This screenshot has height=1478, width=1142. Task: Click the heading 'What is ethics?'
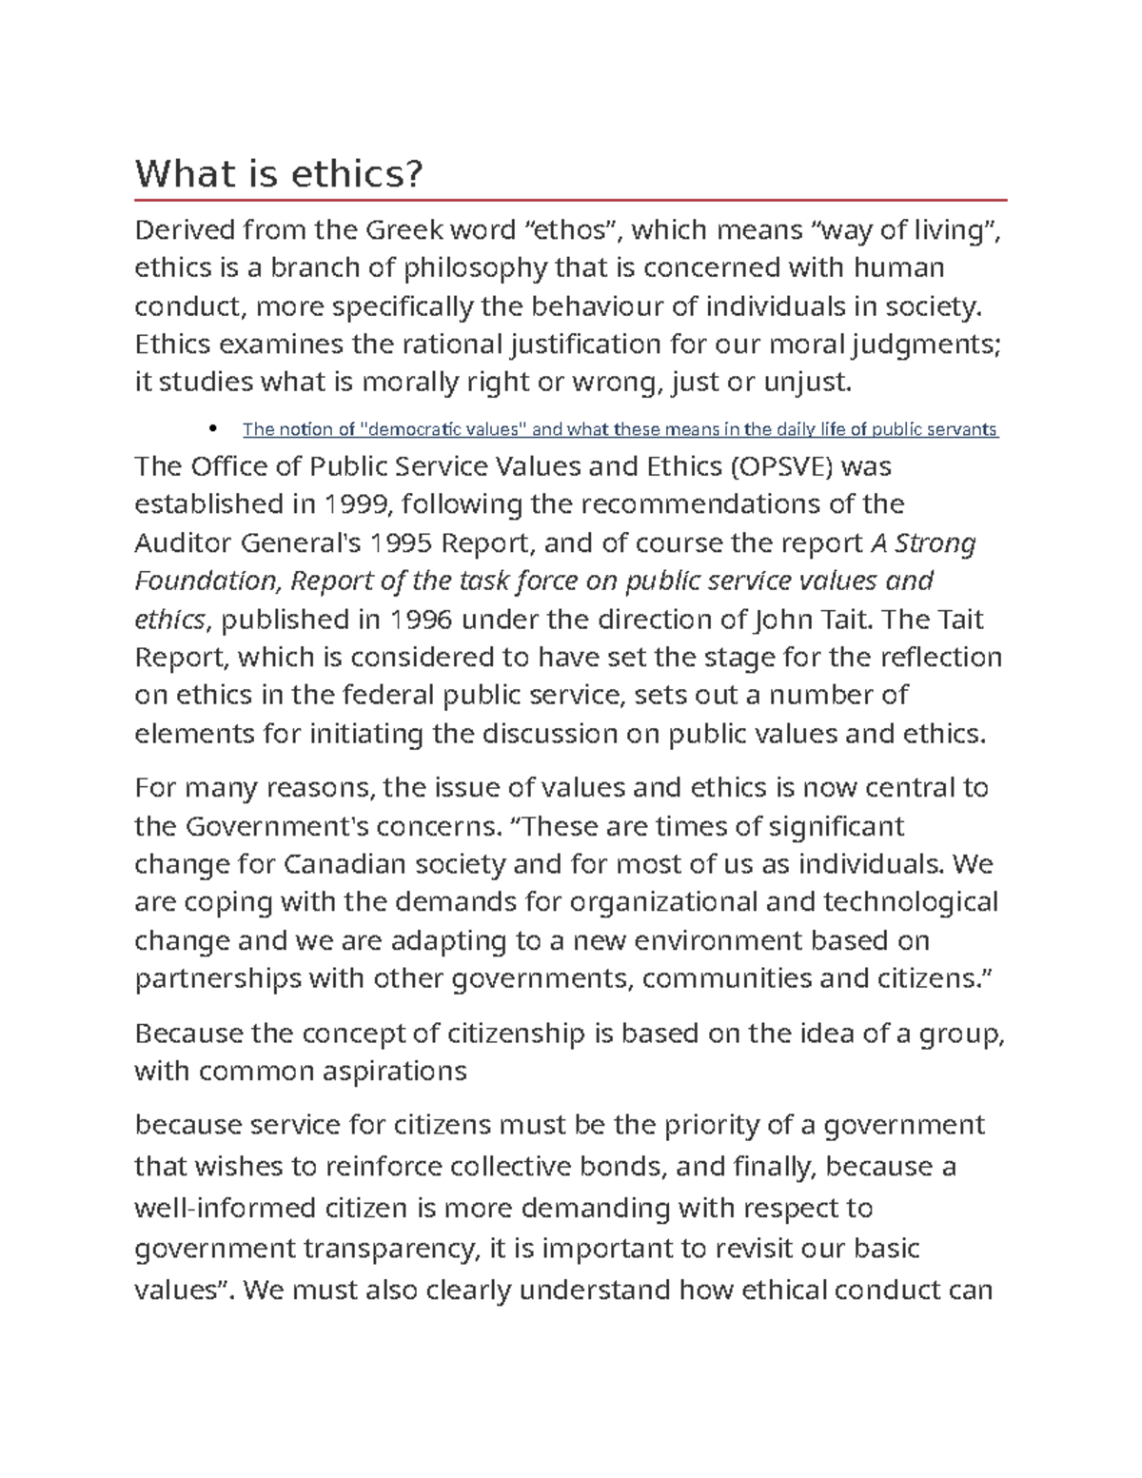278,174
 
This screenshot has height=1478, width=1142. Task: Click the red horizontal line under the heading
571,201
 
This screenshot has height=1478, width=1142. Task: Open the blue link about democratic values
620,429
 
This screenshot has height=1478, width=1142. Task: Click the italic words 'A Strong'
923,543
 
